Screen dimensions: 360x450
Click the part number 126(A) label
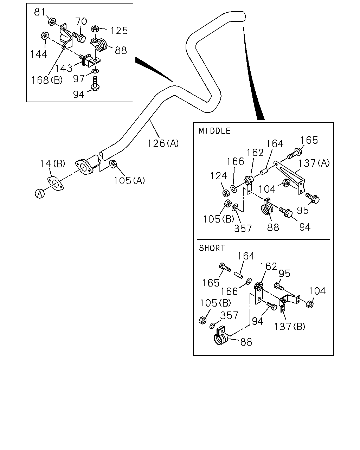coord(163,143)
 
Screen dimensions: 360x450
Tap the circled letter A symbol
coord(40,193)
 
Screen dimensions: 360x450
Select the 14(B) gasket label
coord(52,163)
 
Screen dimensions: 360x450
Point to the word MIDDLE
coord(214,131)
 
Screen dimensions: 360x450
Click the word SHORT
coord(212,248)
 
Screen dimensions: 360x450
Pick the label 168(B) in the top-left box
coord(47,80)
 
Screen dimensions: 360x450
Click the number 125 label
coord(119,31)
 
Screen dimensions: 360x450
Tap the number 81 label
coord(40,12)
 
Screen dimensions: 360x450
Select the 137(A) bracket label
coord(314,163)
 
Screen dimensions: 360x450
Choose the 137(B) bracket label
coord(289,326)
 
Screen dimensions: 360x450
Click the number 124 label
coord(219,176)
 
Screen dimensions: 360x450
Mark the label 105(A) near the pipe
coord(129,180)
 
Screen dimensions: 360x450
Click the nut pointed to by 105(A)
coord(113,164)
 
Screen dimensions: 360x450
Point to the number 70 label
coord(81,21)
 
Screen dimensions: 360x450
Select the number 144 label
coord(39,54)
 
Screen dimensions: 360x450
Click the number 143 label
coord(64,68)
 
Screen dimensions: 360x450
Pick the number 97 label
coord(79,79)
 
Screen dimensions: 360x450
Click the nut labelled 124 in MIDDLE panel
coord(225,193)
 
